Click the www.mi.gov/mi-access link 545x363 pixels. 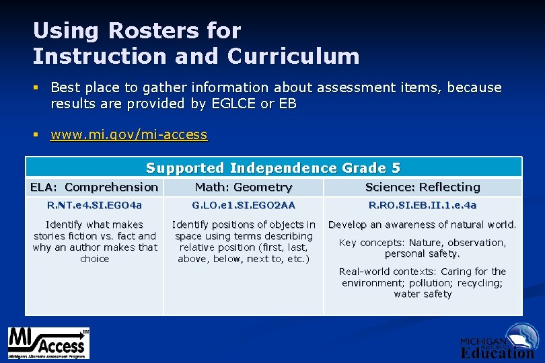point(129,134)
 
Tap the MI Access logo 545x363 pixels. point(48,343)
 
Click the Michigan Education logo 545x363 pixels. point(498,341)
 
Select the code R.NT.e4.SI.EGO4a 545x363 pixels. point(94,205)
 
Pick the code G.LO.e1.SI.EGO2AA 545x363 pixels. point(244,205)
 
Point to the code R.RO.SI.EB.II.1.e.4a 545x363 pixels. point(423,205)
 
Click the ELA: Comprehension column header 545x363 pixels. point(94,187)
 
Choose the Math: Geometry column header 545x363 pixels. point(244,187)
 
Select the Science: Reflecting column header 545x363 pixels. point(423,187)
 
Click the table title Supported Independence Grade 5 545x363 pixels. point(273,167)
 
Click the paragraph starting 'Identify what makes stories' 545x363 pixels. point(94,241)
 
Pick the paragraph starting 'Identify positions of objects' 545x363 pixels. point(244,241)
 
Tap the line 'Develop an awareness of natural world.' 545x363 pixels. point(423,225)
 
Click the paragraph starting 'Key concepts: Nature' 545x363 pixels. point(423,248)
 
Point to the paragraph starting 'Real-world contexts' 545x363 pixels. point(423,282)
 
